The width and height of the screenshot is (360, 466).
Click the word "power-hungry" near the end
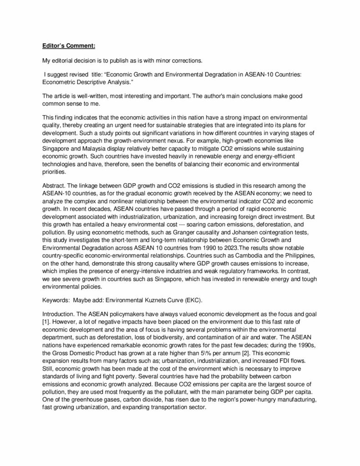247,396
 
